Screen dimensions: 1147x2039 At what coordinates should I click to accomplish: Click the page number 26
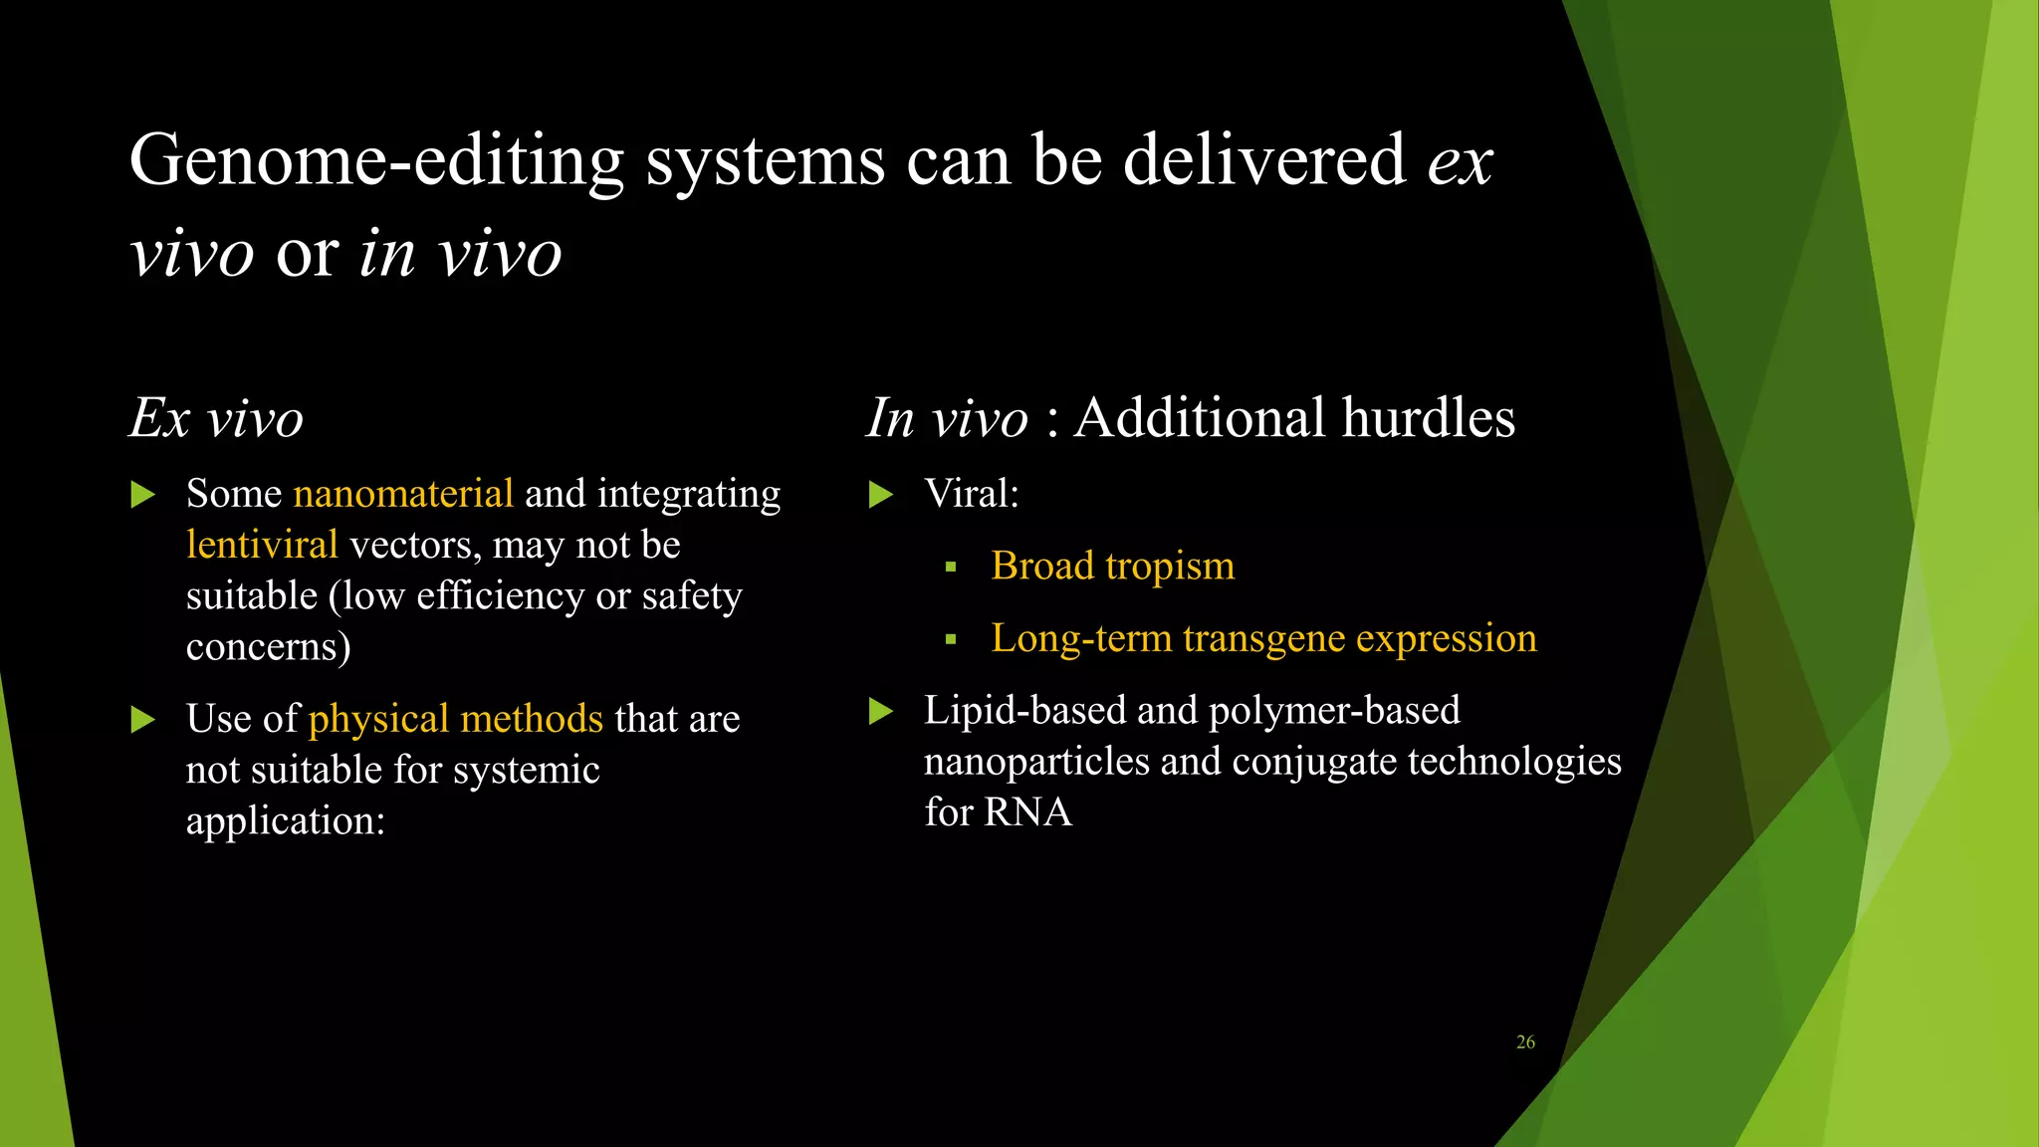(1525, 1042)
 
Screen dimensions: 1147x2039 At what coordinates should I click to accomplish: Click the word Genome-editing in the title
(376, 161)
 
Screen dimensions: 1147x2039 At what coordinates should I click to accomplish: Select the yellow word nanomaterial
(403, 494)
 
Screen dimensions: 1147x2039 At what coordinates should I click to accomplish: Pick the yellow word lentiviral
(262, 545)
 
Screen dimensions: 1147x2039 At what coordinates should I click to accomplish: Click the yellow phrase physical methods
(456, 719)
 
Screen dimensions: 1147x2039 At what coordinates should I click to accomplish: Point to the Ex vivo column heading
(216, 418)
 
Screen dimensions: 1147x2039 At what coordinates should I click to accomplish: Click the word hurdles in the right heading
(1428, 417)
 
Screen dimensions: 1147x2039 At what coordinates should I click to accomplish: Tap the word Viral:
(971, 494)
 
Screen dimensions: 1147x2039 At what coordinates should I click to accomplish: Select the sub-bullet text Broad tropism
(1112, 567)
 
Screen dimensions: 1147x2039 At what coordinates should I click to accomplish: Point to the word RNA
(1027, 812)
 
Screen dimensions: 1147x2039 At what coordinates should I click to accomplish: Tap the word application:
(286, 821)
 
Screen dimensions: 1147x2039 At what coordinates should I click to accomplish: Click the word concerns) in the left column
(268, 647)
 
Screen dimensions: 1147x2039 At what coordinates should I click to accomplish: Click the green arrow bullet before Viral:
(880, 494)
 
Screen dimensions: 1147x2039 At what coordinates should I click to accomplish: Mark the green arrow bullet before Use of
(142, 719)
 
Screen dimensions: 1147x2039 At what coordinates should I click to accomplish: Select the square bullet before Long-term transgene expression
(951, 639)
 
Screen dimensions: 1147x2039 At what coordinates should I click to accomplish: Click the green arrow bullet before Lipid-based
(880, 711)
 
